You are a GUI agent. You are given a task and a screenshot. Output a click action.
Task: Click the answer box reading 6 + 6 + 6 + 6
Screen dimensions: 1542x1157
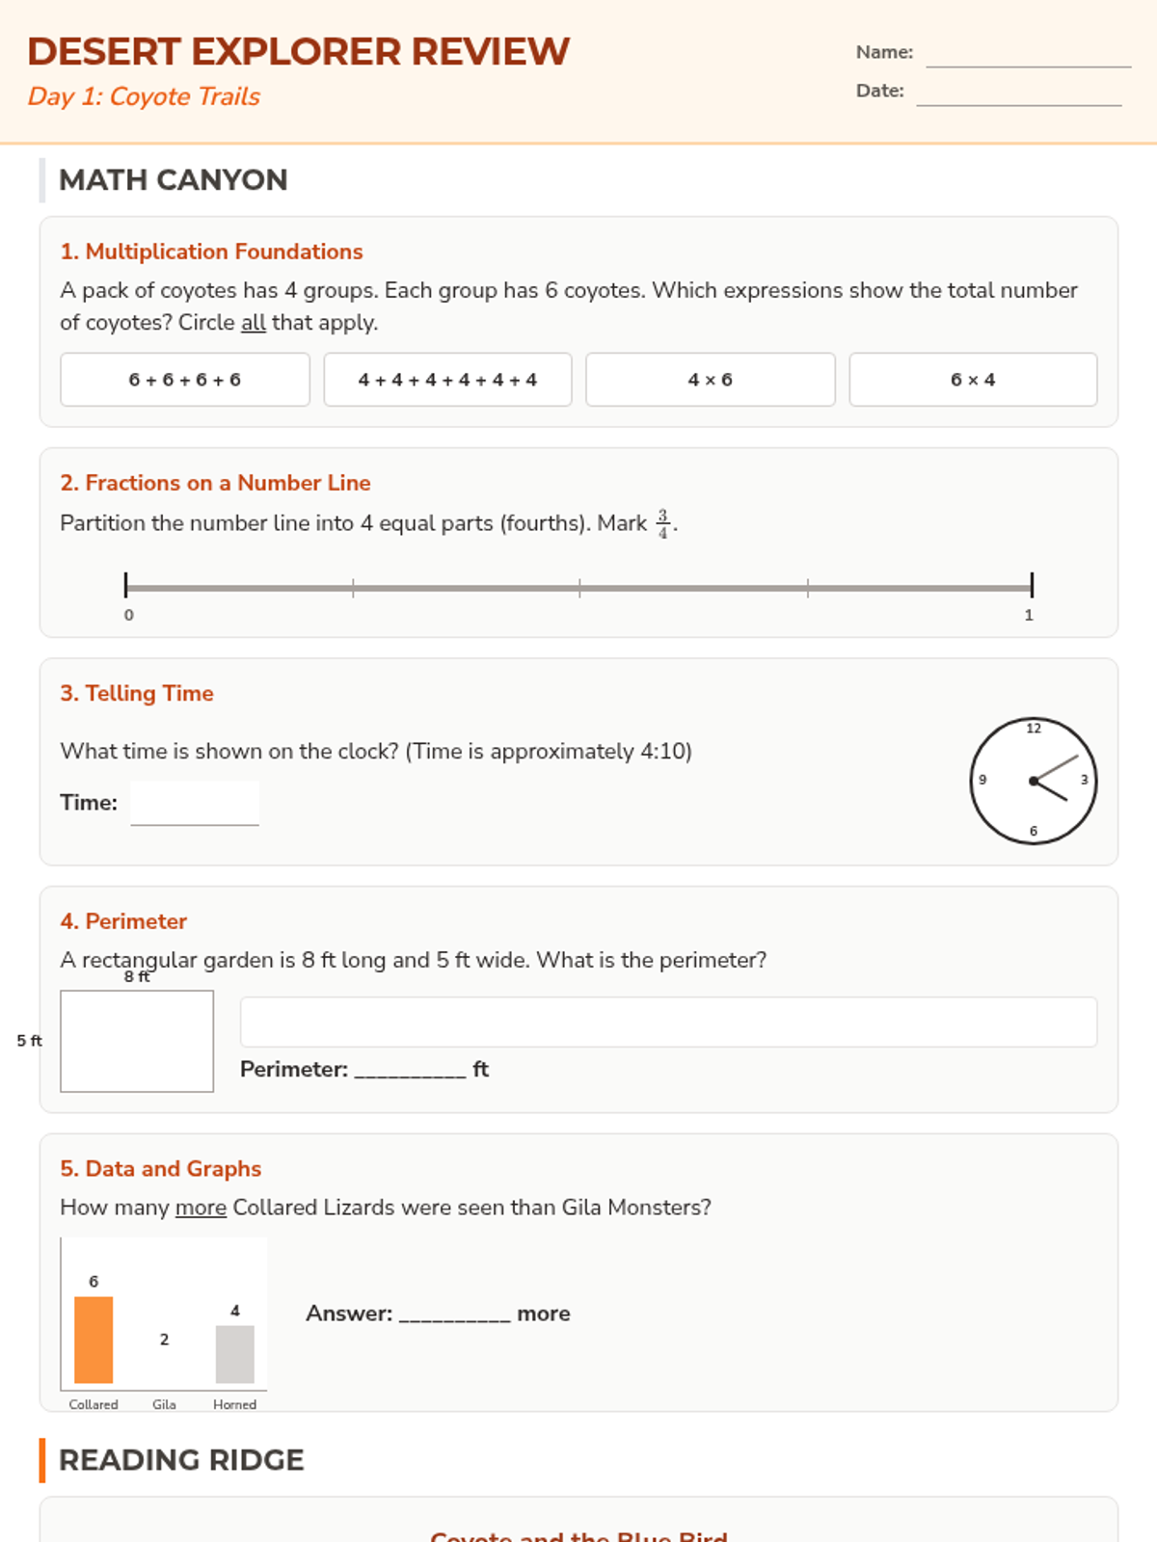185,380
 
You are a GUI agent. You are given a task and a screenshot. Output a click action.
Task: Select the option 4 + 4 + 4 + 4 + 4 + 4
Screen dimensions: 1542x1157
447,380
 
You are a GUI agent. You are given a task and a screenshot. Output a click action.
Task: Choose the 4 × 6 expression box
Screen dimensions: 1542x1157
711,380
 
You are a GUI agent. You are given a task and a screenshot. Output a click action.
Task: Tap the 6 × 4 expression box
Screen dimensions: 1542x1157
973,380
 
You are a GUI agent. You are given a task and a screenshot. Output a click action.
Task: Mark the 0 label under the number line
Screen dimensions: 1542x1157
129,615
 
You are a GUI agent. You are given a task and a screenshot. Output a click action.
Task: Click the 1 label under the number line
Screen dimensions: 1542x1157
1029,615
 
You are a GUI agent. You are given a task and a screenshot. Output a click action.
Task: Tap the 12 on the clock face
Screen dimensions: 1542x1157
1034,729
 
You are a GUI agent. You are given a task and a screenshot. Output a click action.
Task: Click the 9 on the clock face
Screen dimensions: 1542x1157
982,780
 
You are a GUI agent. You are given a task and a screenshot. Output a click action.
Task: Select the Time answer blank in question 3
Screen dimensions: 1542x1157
195,804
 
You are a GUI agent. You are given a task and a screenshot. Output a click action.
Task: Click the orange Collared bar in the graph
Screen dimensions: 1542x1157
94,1340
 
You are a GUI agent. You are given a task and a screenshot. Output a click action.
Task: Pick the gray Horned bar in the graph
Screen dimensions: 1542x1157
234,1354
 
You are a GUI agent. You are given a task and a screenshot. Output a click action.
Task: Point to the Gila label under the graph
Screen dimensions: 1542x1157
164,1404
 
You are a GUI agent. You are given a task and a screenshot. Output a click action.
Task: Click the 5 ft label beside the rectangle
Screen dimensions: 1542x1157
29,1041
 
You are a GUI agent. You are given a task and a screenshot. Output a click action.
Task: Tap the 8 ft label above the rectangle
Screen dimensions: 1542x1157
137,976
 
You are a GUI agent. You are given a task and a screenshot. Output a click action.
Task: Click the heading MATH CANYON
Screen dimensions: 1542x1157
174,180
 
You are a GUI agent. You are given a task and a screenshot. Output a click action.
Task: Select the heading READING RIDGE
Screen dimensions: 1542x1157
181,1460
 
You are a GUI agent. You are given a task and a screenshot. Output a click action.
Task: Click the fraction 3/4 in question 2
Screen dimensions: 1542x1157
663,523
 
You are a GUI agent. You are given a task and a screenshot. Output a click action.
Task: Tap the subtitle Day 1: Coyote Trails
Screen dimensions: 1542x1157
144,96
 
